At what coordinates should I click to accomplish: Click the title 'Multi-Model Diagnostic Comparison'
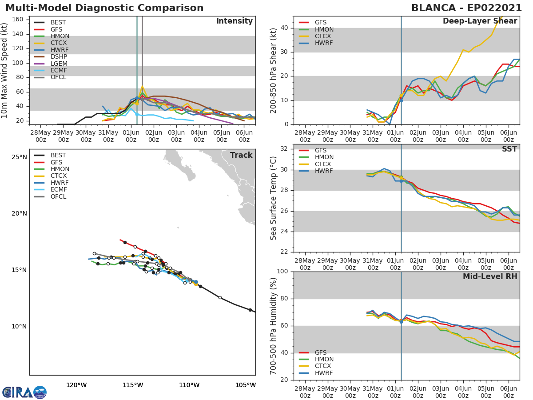tap(104, 8)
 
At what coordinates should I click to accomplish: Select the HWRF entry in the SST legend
tap(324, 171)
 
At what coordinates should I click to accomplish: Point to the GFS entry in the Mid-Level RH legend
tap(320, 352)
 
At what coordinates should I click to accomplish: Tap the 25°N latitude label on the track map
tap(19, 157)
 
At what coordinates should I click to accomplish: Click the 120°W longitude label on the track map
tap(76, 385)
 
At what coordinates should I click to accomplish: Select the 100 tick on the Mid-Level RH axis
tap(282, 272)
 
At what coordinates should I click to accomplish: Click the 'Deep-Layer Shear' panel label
tap(480, 21)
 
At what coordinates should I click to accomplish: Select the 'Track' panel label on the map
tap(241, 155)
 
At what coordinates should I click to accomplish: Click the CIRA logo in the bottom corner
tap(24, 392)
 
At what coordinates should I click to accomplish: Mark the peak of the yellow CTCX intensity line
tap(143, 87)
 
